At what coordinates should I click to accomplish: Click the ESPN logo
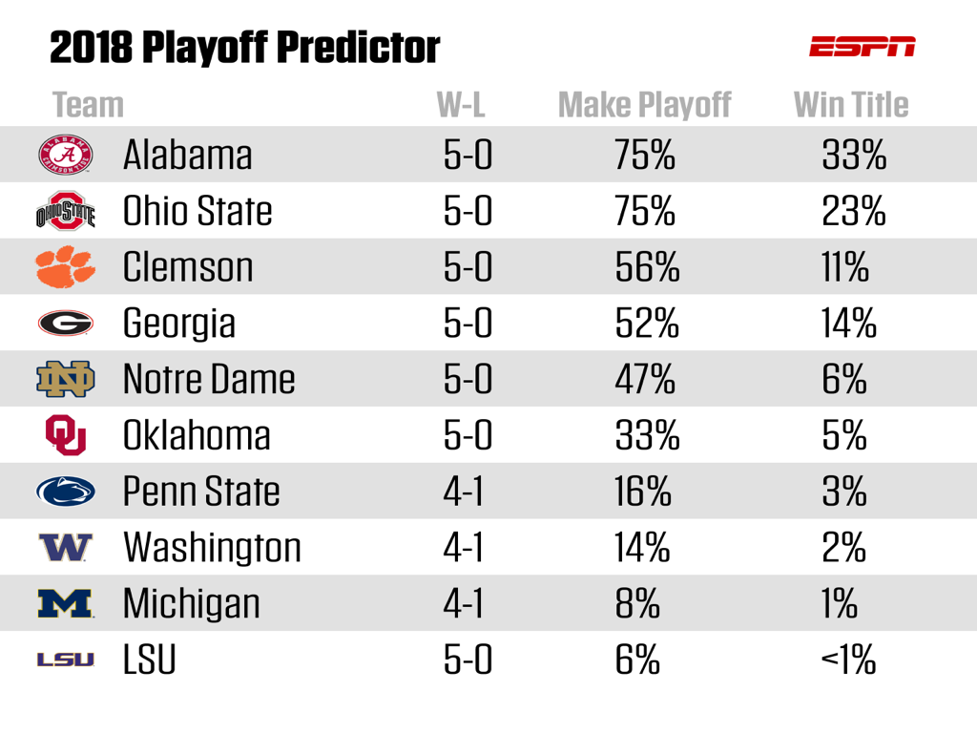[862, 46]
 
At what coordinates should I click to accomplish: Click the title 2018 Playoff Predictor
[244, 47]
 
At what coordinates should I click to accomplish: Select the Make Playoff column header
[644, 105]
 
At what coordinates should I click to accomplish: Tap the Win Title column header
[851, 105]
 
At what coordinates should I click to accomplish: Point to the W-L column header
[461, 105]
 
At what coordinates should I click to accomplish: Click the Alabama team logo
[66, 155]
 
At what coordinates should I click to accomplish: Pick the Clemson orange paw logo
[66, 266]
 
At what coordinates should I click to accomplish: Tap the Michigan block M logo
[66, 603]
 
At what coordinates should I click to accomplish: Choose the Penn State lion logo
[66, 491]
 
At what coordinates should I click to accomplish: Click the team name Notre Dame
[209, 379]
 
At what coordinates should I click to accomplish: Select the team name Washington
[212, 547]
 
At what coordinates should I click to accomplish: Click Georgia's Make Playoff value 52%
[647, 323]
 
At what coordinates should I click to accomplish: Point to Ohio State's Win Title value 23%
[853, 211]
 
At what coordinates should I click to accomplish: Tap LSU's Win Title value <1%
[848, 660]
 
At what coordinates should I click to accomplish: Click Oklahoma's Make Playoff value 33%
[647, 435]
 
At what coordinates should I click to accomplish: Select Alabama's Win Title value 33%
[853, 155]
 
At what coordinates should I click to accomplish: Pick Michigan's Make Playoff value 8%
[637, 603]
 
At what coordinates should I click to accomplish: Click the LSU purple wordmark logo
[65, 660]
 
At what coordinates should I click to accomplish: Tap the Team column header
[88, 105]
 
